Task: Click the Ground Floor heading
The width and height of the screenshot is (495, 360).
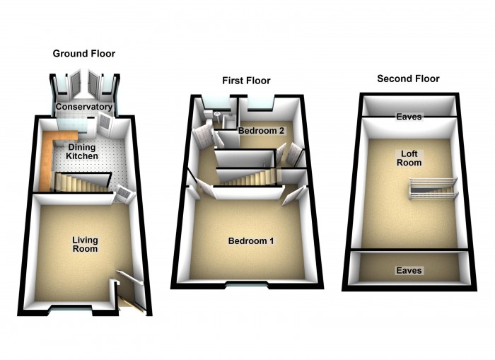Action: tap(84, 54)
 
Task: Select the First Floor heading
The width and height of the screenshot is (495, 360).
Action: tap(246, 81)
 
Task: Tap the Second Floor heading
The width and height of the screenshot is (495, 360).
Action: tap(408, 79)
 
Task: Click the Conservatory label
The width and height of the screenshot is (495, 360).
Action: tap(84, 107)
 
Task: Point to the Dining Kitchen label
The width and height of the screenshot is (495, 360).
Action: tap(81, 149)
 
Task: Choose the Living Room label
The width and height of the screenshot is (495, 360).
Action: tap(84, 245)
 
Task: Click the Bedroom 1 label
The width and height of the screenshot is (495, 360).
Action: tap(251, 241)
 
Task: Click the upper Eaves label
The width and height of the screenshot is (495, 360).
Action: tap(409, 117)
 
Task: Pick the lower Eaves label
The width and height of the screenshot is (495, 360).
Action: tap(409, 270)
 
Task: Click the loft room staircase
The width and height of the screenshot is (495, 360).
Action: tap(432, 190)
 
